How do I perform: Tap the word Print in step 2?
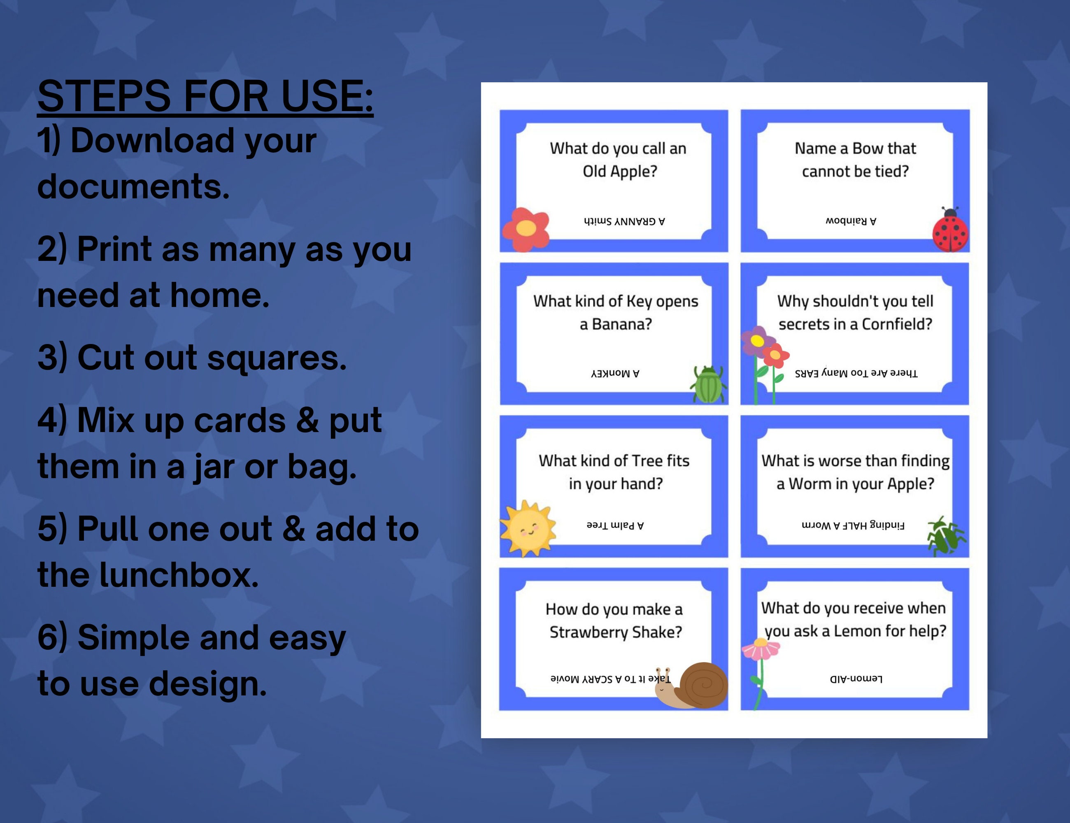(x=114, y=249)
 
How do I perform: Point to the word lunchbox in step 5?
(x=179, y=575)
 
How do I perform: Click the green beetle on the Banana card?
(x=708, y=385)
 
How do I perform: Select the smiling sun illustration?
(x=528, y=528)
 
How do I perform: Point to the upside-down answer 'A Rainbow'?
(x=851, y=221)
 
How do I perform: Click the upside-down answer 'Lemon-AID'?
(x=856, y=679)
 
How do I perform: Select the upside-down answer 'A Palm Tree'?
(x=615, y=525)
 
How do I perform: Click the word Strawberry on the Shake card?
(x=589, y=632)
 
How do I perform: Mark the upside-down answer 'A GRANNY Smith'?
(x=624, y=221)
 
